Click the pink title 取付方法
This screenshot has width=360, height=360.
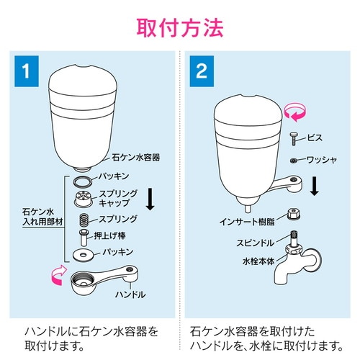click(x=180, y=28)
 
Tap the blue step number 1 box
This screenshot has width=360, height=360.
click(x=27, y=71)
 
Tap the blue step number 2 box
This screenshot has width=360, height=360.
click(x=202, y=71)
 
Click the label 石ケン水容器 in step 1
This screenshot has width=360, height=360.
click(x=136, y=158)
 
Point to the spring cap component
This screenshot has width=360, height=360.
click(x=84, y=199)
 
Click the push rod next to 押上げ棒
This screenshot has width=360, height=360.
click(x=84, y=238)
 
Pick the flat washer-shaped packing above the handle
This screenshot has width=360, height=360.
click(x=84, y=255)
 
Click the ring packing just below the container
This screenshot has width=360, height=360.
click(x=82, y=181)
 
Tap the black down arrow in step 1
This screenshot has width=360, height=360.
click(x=150, y=199)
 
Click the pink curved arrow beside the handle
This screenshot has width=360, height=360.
click(x=58, y=276)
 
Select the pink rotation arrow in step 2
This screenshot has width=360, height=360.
click(x=295, y=112)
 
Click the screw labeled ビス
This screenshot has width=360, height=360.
click(x=294, y=139)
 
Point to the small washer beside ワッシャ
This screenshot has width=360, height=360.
click(x=293, y=161)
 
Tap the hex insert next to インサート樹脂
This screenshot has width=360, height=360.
click(x=294, y=214)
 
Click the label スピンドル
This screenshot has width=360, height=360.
click(x=255, y=243)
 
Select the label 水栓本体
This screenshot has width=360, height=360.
click(x=258, y=261)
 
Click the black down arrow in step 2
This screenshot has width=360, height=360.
click(x=314, y=186)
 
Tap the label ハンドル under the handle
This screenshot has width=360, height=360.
click(x=130, y=294)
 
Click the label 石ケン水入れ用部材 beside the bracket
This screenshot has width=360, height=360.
click(x=42, y=217)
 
